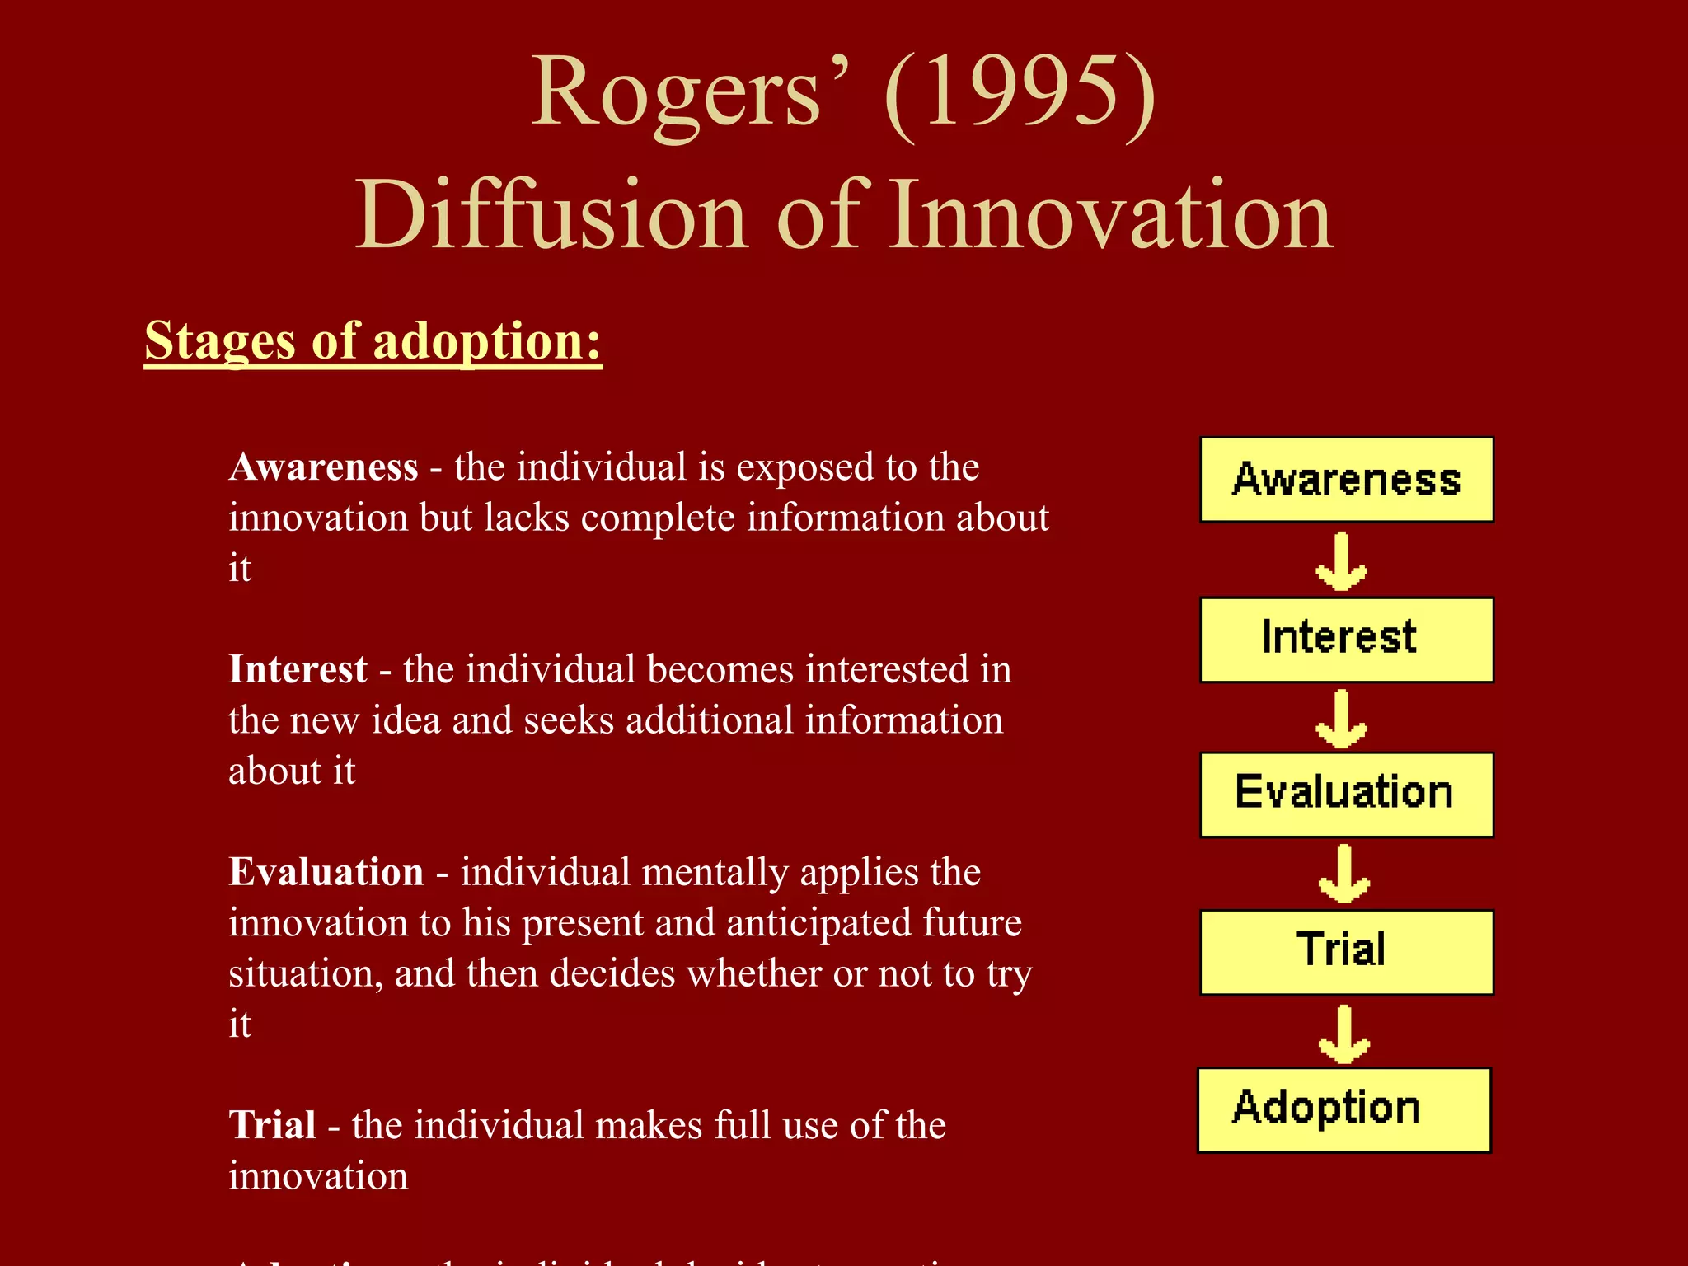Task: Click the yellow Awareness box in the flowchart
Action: point(1346,480)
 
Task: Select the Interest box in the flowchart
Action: point(1346,639)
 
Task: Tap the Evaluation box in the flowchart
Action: point(1346,794)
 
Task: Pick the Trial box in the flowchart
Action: point(1346,951)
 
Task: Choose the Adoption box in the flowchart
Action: point(1343,1109)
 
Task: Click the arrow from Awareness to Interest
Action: point(1342,561)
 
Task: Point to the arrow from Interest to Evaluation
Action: point(1342,719)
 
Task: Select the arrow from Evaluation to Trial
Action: point(1343,874)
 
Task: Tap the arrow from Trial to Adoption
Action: point(1343,1034)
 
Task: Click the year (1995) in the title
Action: point(1020,92)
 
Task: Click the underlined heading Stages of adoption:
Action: point(373,340)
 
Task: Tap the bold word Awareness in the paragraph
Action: point(324,467)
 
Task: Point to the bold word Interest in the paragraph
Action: point(298,668)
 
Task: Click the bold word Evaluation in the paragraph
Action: point(326,871)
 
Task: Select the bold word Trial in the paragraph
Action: point(272,1124)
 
